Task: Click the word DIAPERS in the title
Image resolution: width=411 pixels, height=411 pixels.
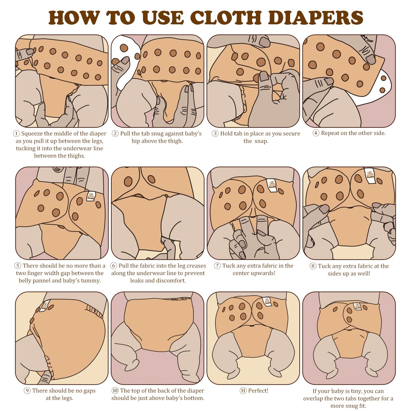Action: pos(315,18)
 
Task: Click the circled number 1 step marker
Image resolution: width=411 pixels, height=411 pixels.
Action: pos(16,134)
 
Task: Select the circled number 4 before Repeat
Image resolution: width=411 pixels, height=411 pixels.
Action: pos(316,133)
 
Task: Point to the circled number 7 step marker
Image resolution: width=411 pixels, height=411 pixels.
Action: pos(217,266)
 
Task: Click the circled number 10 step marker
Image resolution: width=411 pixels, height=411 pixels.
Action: pos(115,391)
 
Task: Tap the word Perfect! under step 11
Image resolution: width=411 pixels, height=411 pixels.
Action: pos(258,391)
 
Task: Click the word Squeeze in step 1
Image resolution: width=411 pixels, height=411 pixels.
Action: pos(32,134)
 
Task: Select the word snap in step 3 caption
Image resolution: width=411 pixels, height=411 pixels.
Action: pos(261,141)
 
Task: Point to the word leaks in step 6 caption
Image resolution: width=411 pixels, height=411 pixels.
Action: pos(138,281)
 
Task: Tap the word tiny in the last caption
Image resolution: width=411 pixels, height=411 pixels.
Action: pos(355,391)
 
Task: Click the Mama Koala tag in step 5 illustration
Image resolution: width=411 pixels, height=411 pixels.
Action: pos(91,196)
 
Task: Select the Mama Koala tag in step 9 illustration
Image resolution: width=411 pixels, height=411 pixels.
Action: pos(45,306)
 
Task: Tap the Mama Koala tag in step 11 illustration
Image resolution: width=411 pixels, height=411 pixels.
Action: pos(267,302)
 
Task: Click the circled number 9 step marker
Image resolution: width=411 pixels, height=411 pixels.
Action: pos(27,391)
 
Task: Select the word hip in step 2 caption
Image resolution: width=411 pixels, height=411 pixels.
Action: pos(136,141)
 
